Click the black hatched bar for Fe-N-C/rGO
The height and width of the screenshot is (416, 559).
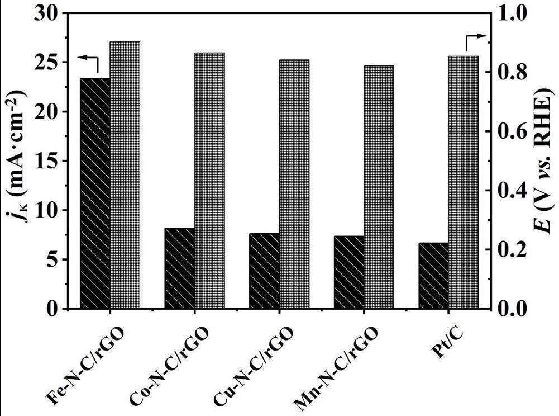pos(95,193)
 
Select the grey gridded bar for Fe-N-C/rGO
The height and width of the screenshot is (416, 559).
pos(125,174)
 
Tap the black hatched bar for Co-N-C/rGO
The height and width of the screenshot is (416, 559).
pos(179,268)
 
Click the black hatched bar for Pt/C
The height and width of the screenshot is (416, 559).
pos(433,275)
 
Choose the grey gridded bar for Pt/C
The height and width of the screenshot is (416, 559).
pos(463,182)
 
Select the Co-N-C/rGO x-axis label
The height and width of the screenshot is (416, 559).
pos(169,366)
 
